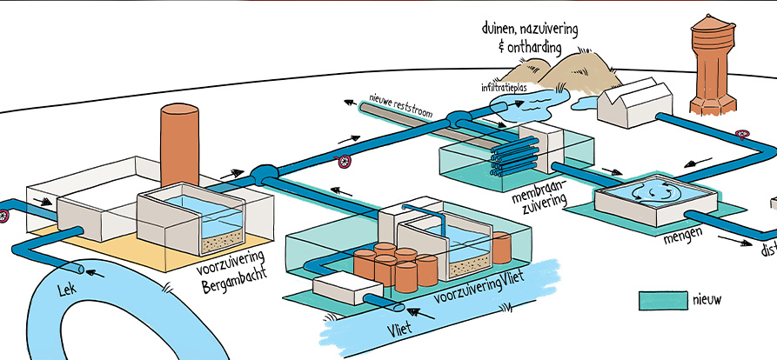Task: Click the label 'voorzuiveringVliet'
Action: point(468,292)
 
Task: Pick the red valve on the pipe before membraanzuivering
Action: point(345,161)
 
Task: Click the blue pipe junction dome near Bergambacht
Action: point(263,175)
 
